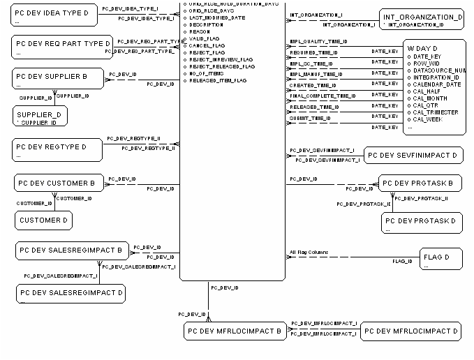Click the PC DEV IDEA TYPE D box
tap(56, 16)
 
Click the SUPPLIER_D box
tap(39, 117)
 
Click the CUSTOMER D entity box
tap(43, 220)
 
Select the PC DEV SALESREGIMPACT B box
tap(70, 250)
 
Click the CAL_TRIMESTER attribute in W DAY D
tap(436, 112)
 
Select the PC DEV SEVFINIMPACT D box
tap(414, 155)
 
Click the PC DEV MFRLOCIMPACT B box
tap(235, 331)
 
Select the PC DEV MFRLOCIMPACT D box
tap(411, 331)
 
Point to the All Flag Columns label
tap(309, 252)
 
